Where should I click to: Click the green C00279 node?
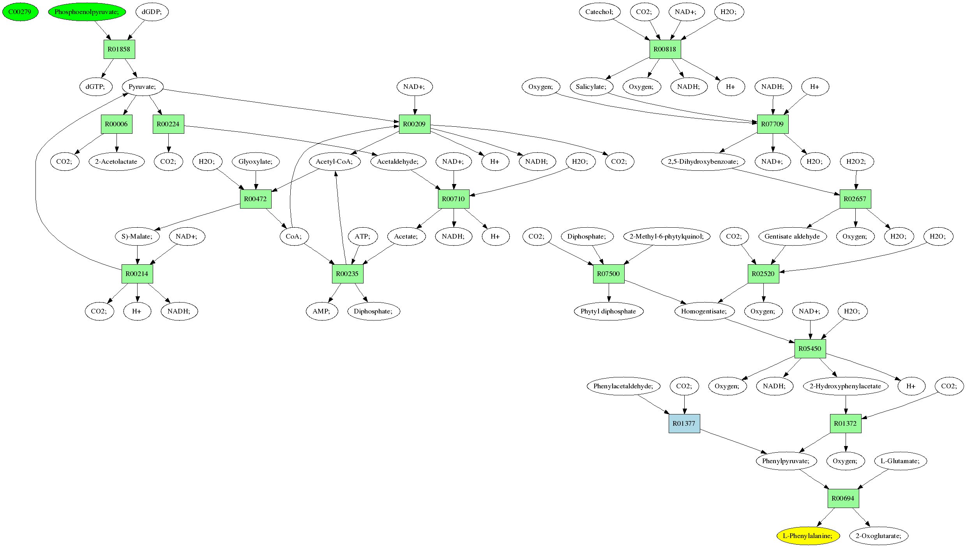point(20,12)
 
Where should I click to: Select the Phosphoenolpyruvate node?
point(87,12)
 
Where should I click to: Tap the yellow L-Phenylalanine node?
point(808,536)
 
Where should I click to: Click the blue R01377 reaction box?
point(684,423)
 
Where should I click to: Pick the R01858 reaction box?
point(119,49)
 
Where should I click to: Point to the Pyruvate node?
point(142,87)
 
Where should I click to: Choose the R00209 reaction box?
point(415,124)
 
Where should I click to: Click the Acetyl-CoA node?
point(334,161)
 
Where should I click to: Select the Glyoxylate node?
point(256,161)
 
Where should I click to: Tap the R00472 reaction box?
point(256,199)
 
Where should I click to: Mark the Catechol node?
point(599,12)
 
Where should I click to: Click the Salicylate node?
point(591,87)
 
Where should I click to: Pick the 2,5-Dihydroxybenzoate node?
point(703,161)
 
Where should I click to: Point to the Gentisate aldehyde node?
point(792,236)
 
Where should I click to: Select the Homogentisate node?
point(704,311)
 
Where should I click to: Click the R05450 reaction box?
point(810,349)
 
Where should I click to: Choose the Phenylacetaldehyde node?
point(623,386)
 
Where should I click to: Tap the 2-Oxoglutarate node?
point(879,536)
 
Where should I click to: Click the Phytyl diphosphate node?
point(608,311)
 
